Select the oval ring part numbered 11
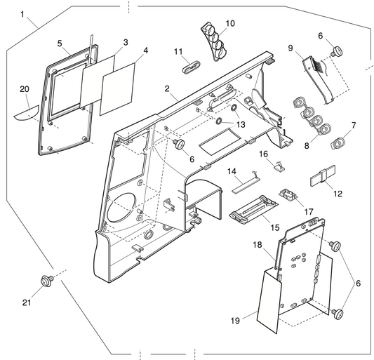click(x=189, y=67)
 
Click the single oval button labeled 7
click(x=338, y=142)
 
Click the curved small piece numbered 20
click(x=28, y=112)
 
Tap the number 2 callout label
click(x=168, y=89)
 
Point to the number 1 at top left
click(x=23, y=14)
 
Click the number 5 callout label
click(x=60, y=44)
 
